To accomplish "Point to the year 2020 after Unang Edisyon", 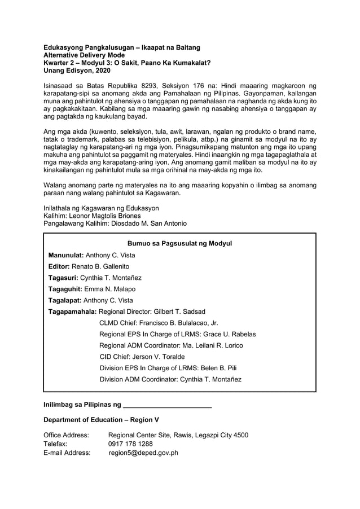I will pyautogui.click(x=102, y=71).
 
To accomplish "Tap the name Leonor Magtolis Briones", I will pyautogui.click(x=107, y=216).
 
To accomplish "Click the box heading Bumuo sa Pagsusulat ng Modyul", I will pyautogui.click(x=180, y=244).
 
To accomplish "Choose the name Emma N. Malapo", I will pyautogui.click(x=109, y=289).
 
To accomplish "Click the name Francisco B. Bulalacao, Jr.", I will pyautogui.click(x=178, y=323).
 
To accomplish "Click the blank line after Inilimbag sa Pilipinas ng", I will pyautogui.click(x=167, y=405).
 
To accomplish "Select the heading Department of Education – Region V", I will pyautogui.click(x=102, y=420).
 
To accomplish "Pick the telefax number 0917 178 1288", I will pyautogui.click(x=130, y=444).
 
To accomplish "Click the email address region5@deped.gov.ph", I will pyautogui.click(x=143, y=453).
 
